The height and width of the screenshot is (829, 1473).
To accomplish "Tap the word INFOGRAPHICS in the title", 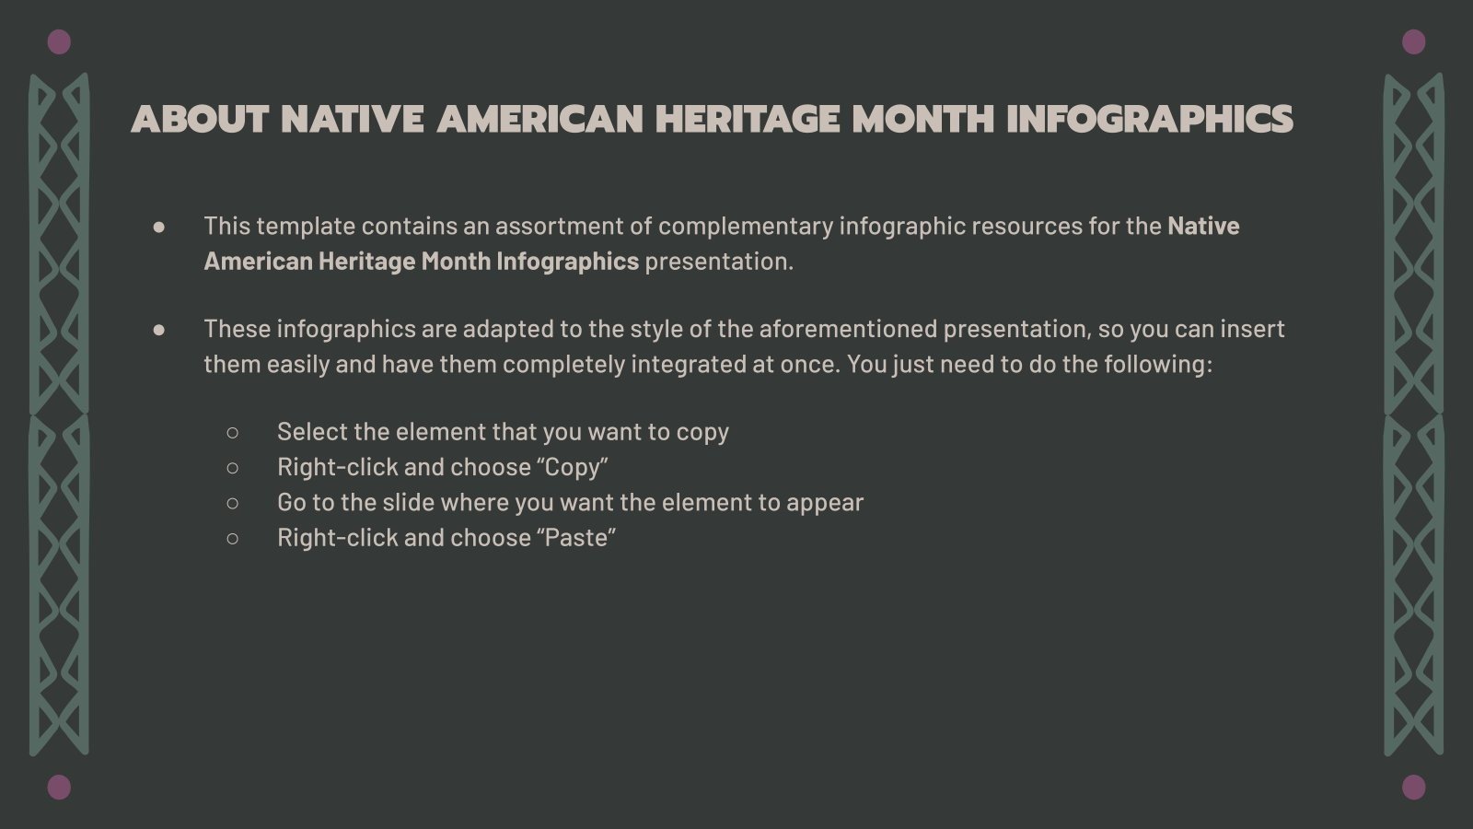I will (1149, 120).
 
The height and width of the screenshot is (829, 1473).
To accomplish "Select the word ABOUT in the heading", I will (200, 120).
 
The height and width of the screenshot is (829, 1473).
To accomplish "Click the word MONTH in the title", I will (922, 120).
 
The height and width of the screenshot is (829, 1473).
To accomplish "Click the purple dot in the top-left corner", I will (59, 41).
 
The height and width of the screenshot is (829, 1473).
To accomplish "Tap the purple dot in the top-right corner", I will (1413, 41).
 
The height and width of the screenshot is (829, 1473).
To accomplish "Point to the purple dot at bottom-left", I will (59, 787).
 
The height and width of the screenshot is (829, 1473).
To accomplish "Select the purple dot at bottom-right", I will (1413, 787).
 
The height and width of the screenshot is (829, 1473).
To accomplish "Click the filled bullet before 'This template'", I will (159, 227).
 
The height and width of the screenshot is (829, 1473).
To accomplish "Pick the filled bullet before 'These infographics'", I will (159, 330).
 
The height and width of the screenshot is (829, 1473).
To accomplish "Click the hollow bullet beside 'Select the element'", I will (232, 432).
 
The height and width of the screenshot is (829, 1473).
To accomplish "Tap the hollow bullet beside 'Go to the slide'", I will (232, 503).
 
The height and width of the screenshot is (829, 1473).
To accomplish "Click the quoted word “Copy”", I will (576, 467).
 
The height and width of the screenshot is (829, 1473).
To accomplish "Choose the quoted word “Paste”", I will (580, 538).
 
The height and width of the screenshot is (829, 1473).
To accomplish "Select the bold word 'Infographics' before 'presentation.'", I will (567, 262).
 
